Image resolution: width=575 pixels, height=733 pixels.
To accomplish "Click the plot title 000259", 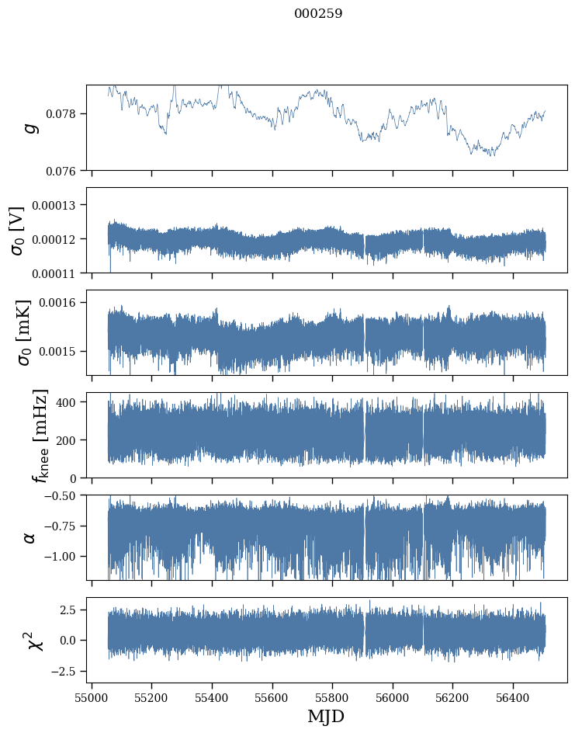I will tap(318, 14).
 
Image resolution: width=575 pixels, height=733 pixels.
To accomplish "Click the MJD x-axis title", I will tap(326, 716).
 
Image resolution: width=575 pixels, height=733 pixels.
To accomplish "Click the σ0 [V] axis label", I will tap(18, 230).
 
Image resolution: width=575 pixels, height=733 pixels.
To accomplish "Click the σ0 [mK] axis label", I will tap(18, 332).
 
